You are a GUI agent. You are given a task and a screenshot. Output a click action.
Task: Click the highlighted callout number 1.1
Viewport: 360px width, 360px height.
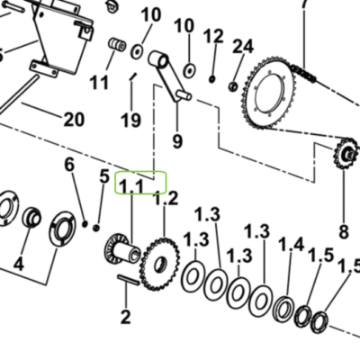pyautogui.click(x=131, y=186)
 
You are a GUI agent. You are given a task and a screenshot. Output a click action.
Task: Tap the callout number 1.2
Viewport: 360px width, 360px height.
pyautogui.click(x=166, y=198)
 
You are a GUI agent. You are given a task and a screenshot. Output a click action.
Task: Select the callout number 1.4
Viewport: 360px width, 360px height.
pyautogui.click(x=292, y=245)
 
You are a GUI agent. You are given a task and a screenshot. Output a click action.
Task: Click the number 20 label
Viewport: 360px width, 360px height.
pyautogui.click(x=74, y=120)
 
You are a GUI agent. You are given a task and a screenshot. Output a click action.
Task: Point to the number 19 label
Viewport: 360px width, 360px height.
pyautogui.click(x=130, y=121)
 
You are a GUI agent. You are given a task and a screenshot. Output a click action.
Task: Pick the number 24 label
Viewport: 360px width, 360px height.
pyautogui.click(x=243, y=47)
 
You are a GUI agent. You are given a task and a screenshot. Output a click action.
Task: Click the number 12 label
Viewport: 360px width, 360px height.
pyautogui.click(x=213, y=36)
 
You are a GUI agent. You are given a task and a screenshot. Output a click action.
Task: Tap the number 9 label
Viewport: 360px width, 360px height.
pyautogui.click(x=177, y=140)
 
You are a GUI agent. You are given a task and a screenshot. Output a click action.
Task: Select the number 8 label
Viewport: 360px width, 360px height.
pyautogui.click(x=344, y=231)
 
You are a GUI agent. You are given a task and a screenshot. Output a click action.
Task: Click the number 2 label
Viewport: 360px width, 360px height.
pyautogui.click(x=125, y=317)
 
